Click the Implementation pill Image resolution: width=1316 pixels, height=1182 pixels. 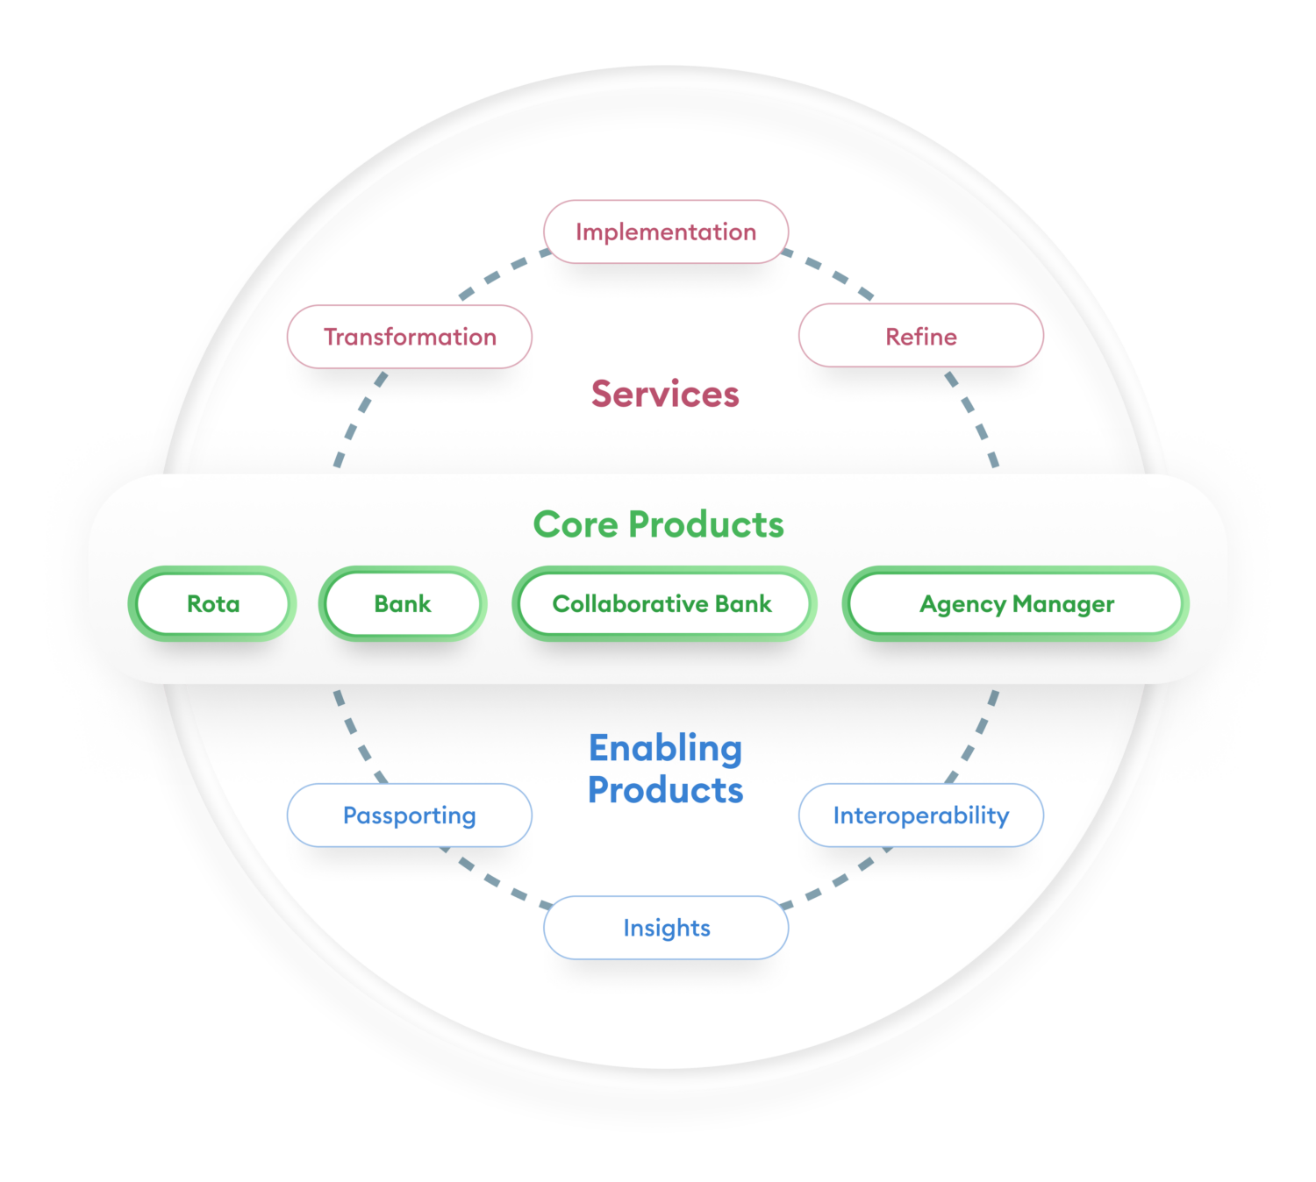[666, 232]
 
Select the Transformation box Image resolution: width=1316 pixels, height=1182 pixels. [410, 337]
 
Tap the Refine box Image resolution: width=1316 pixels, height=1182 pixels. [920, 337]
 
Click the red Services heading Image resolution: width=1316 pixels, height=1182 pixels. [665, 395]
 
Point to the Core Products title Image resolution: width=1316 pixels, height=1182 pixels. [658, 524]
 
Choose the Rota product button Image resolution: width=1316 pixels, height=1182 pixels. [212, 604]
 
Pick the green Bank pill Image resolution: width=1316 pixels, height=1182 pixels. [403, 604]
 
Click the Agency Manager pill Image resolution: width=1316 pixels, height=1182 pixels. [1016, 604]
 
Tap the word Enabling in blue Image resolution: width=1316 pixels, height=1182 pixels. [665, 749]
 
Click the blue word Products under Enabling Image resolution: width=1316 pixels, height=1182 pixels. [665, 790]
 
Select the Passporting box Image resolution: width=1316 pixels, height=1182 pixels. [410, 815]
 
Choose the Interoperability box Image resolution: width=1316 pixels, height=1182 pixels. [920, 815]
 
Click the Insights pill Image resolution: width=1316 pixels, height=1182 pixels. [666, 928]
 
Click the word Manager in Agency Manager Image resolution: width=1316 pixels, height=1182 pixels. [1063, 604]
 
